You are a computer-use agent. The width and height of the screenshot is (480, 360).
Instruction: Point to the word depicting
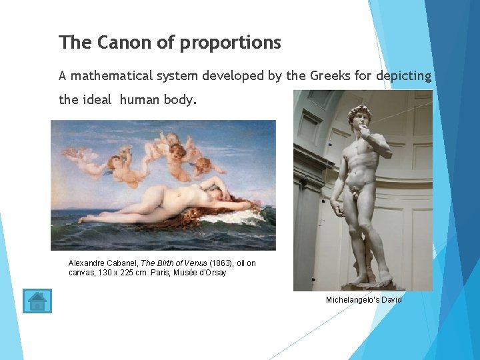tap(403, 76)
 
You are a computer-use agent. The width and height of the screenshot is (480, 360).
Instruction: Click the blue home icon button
tap(37, 301)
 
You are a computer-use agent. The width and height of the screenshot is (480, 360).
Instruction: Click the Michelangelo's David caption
tap(363, 300)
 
